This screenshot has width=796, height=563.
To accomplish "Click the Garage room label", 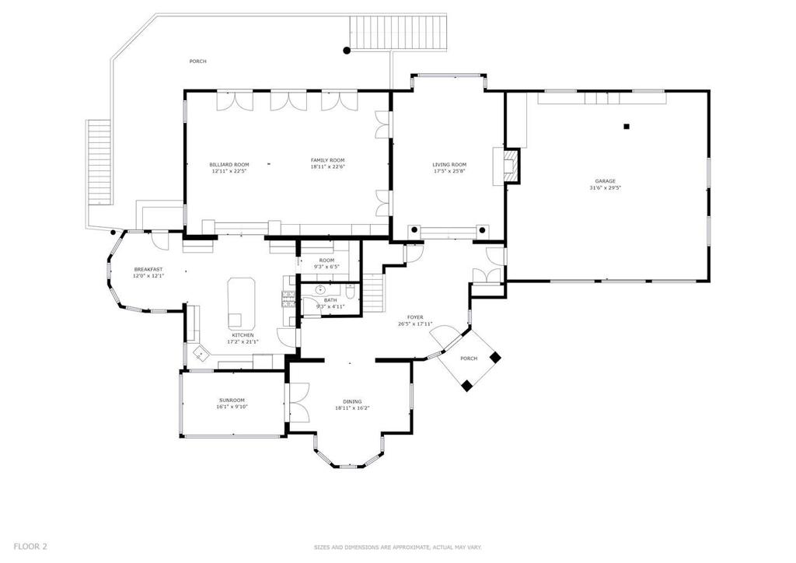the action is click(605, 180).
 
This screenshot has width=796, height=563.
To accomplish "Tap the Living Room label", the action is click(449, 165).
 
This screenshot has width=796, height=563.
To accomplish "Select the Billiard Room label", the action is click(229, 165).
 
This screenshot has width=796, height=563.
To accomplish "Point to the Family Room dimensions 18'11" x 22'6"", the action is click(327, 166).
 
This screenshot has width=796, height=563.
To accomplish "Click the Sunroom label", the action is click(232, 400).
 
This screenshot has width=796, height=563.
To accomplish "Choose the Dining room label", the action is click(352, 401).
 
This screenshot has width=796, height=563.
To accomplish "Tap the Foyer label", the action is click(415, 317).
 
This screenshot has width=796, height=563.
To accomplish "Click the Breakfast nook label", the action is click(148, 269).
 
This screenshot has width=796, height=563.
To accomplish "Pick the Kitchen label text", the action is click(243, 335).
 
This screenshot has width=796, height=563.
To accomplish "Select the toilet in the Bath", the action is click(351, 292).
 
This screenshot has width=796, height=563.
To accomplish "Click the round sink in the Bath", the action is click(320, 290).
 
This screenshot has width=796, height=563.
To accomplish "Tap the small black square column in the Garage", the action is click(627, 127).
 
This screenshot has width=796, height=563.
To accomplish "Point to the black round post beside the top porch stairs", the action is click(347, 50).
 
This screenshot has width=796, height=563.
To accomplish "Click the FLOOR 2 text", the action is click(30, 547).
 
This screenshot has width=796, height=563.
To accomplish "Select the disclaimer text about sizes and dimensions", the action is click(397, 547).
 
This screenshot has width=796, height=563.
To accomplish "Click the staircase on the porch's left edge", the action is click(99, 163).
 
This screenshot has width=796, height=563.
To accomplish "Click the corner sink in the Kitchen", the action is click(200, 352).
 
